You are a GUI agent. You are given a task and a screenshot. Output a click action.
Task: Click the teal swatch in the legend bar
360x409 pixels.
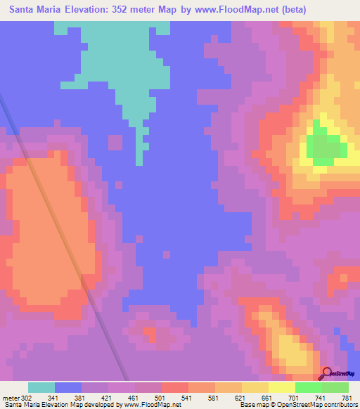[41, 387]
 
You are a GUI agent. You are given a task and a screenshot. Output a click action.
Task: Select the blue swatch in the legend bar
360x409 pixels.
[68, 387]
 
